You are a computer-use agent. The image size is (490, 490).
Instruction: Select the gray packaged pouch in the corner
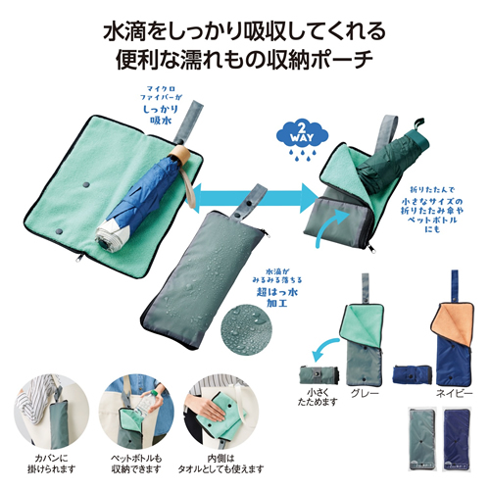point(418,440)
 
